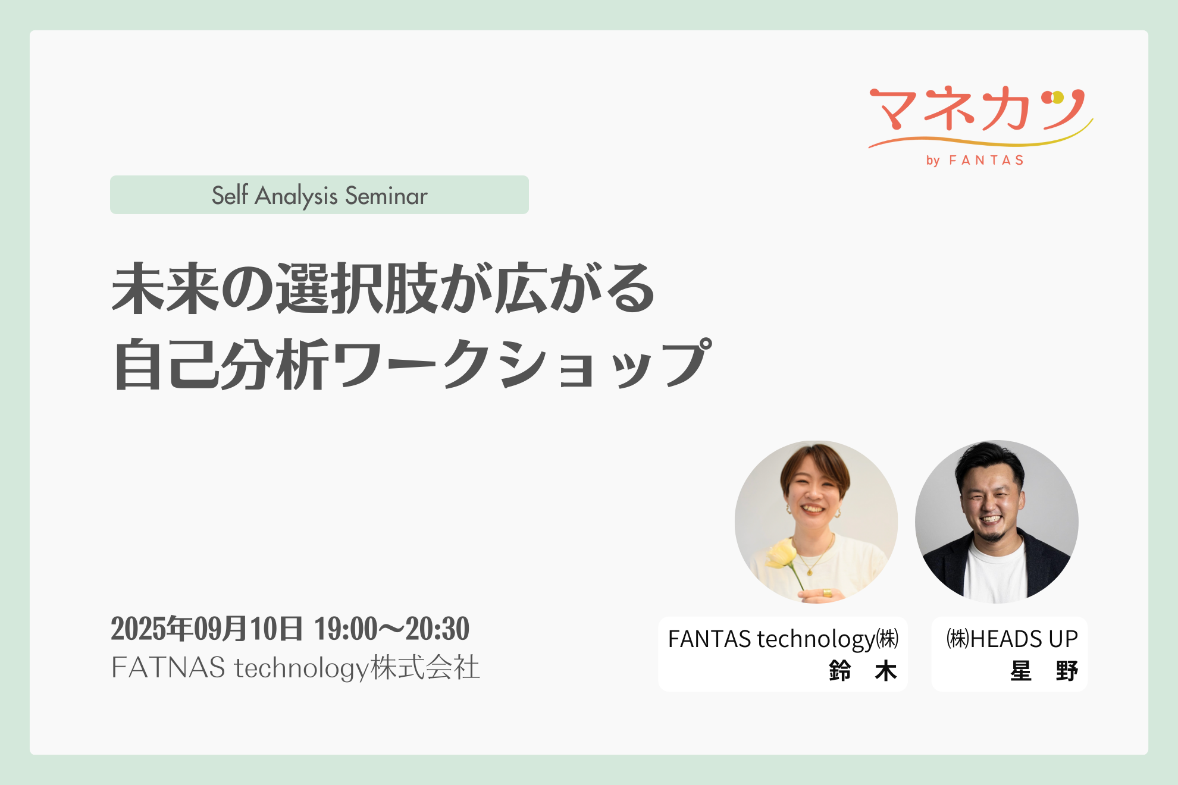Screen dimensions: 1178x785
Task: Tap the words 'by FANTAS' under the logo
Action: (975, 161)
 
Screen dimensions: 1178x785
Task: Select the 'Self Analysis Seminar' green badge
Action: (319, 195)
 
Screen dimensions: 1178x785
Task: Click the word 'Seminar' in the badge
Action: (386, 196)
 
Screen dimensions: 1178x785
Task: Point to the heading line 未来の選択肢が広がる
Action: (383, 288)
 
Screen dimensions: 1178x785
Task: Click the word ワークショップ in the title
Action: (522, 363)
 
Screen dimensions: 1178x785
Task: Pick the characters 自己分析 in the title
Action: (221, 364)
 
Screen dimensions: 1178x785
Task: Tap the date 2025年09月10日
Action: (206, 629)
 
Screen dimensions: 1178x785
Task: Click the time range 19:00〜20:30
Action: (391, 629)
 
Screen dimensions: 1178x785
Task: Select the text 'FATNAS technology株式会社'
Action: (295, 667)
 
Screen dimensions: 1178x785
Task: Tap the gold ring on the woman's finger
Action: (827, 592)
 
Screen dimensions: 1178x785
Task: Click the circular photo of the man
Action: (997, 522)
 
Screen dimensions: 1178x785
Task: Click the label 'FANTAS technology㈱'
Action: (783, 639)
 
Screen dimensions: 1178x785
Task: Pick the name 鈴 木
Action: (863, 671)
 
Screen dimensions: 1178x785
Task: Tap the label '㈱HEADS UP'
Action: (1012, 639)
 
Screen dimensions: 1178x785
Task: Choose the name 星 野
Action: (1044, 671)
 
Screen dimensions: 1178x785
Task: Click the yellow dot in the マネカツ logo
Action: (1057, 96)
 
